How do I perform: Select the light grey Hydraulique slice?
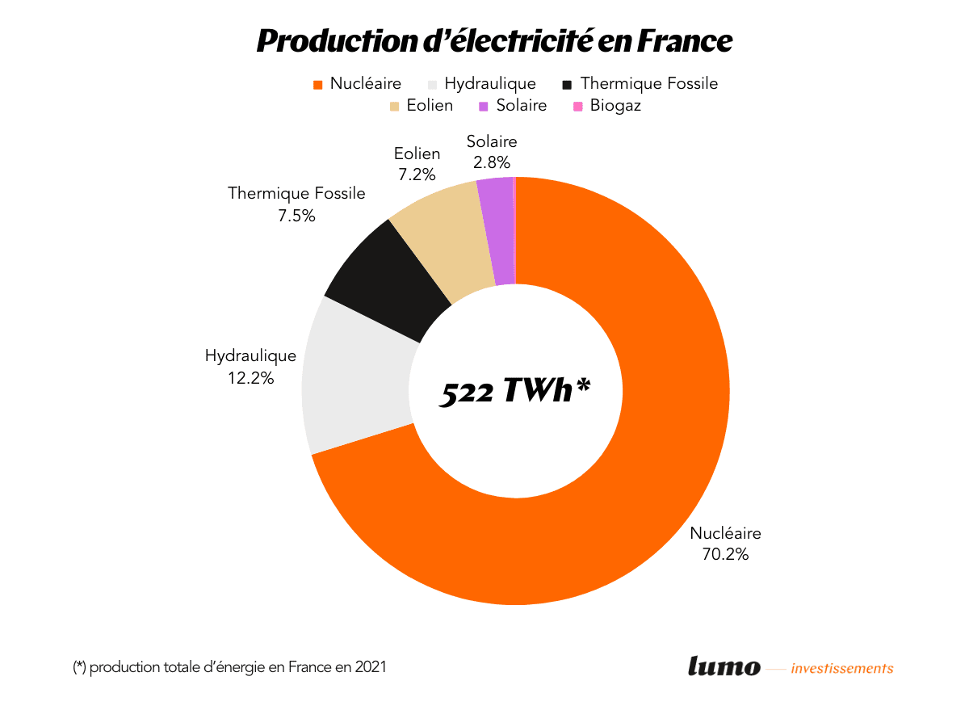(x=355, y=380)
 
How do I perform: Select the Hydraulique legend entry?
(x=481, y=83)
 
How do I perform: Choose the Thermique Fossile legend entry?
(x=640, y=83)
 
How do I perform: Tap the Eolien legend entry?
(x=421, y=106)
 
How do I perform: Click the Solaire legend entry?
(x=513, y=106)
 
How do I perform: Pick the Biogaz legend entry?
(x=606, y=106)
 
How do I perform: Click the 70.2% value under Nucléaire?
(x=725, y=554)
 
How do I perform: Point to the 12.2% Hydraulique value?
(x=250, y=377)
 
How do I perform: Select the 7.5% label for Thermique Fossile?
(x=296, y=215)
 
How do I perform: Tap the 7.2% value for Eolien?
(x=417, y=174)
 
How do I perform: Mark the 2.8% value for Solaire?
(x=492, y=162)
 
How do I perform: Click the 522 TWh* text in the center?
(x=515, y=392)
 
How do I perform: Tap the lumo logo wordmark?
(x=724, y=666)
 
